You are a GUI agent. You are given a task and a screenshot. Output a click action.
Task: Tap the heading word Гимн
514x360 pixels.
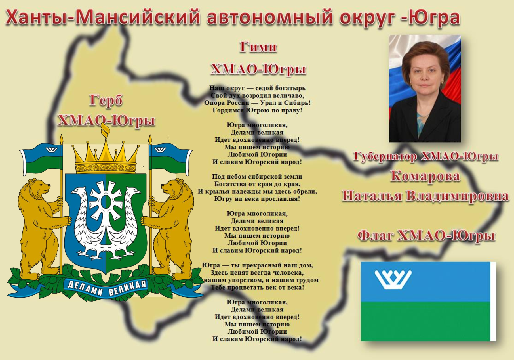pyautogui.click(x=258, y=47)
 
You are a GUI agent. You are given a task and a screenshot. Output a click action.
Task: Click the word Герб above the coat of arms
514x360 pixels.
pyautogui.click(x=106, y=101)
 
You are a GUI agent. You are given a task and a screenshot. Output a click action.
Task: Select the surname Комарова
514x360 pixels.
pyautogui.click(x=425, y=176)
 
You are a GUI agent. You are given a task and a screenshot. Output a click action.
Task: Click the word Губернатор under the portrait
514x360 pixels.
pyautogui.click(x=385, y=156)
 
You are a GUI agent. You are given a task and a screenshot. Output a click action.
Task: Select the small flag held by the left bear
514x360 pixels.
pyautogui.click(x=41, y=159)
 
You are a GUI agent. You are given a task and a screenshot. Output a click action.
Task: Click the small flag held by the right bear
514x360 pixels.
pyautogui.click(x=170, y=159)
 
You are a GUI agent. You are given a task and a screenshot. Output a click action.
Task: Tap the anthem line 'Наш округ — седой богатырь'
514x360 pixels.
pyautogui.click(x=257, y=88)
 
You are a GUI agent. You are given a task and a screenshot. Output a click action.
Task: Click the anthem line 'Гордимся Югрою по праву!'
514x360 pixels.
pyautogui.click(x=257, y=110)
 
